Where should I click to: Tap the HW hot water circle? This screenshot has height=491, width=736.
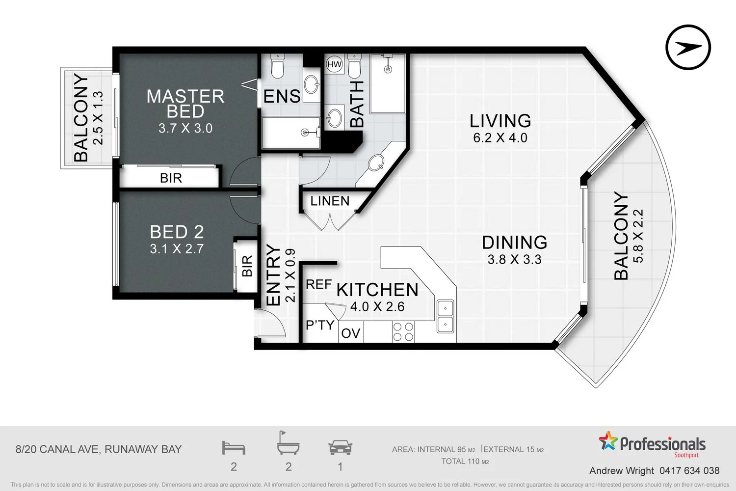pyautogui.click(x=335, y=64)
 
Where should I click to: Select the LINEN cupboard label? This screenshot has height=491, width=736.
pyautogui.click(x=330, y=201)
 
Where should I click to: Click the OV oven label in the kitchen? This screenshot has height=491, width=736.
pyautogui.click(x=351, y=333)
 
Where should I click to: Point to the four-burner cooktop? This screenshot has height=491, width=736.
pyautogui.click(x=403, y=332)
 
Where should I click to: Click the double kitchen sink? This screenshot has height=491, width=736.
pyautogui.click(x=445, y=316)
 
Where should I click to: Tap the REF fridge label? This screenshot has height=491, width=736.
pyautogui.click(x=319, y=284)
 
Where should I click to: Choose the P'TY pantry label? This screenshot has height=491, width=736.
pyautogui.click(x=320, y=325)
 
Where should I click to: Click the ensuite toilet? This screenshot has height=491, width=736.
pyautogui.click(x=278, y=66)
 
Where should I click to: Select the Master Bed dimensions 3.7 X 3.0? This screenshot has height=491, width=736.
pyautogui.click(x=185, y=128)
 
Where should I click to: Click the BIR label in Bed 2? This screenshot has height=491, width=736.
pyautogui.click(x=247, y=266)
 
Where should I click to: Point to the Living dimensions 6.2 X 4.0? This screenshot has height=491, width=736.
pyautogui.click(x=500, y=137)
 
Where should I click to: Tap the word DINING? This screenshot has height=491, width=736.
pyautogui.click(x=515, y=243)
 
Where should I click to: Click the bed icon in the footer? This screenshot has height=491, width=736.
pyautogui.click(x=234, y=448)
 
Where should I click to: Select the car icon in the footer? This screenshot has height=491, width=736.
pyautogui.click(x=341, y=448)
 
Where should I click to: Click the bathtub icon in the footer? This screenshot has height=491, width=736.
pyautogui.click(x=288, y=443)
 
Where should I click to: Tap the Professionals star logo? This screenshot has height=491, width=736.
pyautogui.click(x=608, y=441)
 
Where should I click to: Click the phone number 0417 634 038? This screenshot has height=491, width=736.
pyautogui.click(x=689, y=470)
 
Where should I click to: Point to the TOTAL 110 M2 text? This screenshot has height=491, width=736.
pyautogui.click(x=465, y=462)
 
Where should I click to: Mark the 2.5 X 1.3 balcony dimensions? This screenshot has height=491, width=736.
pyautogui.click(x=98, y=118)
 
